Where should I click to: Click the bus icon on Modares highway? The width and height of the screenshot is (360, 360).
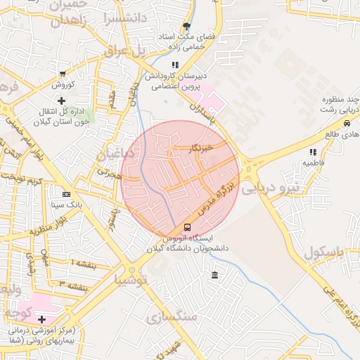click(187, 227)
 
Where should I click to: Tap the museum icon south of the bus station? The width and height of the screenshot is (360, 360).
click(214, 274)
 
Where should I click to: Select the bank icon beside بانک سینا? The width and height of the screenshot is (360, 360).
click(66, 194)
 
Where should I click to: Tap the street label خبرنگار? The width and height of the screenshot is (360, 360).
click(200, 148)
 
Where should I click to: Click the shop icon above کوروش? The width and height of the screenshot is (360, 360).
click(63, 74)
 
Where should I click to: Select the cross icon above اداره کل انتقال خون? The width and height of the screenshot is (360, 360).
click(62, 101)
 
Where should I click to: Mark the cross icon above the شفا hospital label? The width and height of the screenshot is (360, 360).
click(42, 319)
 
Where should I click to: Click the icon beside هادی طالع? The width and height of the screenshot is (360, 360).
click(330, 134)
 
